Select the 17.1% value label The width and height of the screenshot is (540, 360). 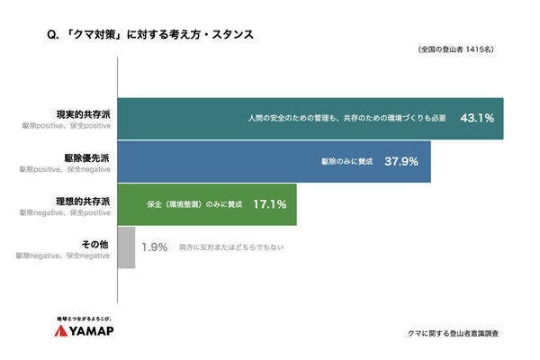(270, 204)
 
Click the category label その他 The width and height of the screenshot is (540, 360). (95, 243)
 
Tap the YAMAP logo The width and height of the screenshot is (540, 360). (87, 331)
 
